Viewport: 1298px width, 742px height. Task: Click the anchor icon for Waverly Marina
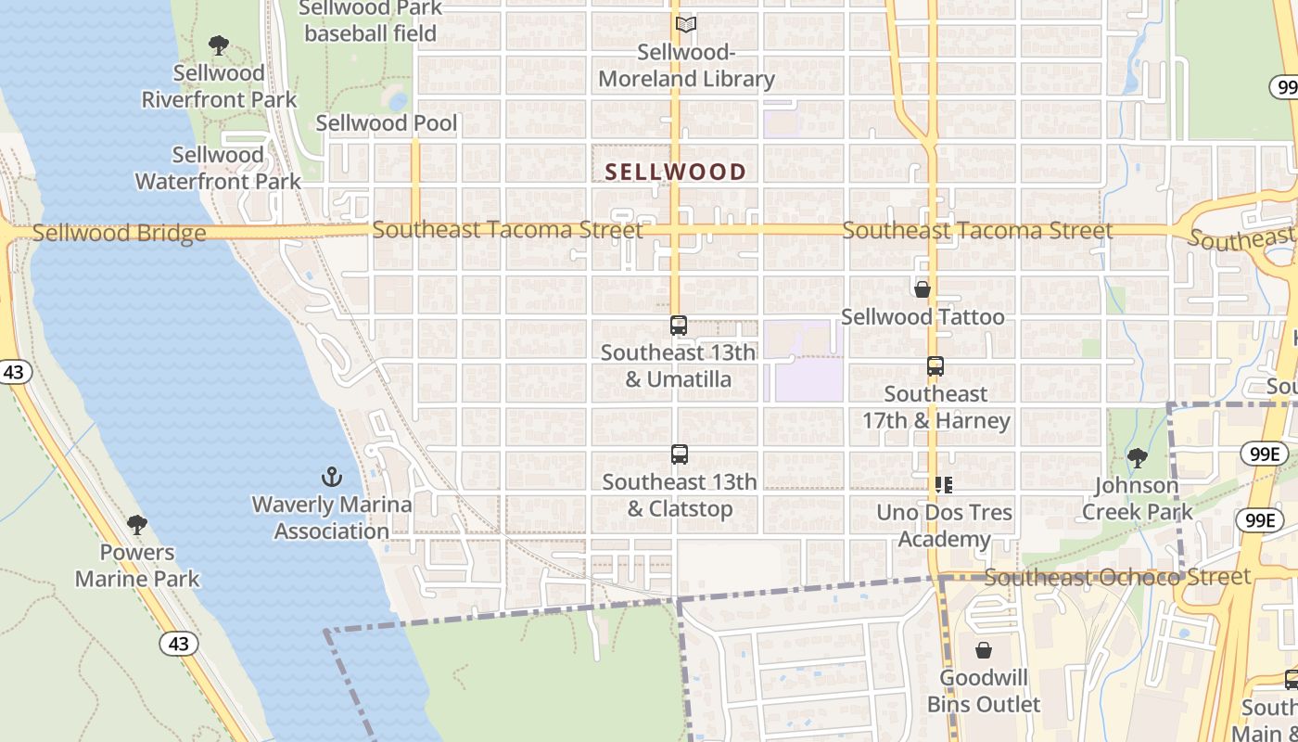coord(332,478)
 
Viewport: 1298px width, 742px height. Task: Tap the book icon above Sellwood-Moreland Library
coord(686,25)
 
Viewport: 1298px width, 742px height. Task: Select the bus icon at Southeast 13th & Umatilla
coord(679,326)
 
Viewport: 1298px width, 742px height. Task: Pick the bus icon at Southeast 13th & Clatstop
coord(680,454)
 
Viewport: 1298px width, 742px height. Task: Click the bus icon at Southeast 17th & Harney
coord(935,366)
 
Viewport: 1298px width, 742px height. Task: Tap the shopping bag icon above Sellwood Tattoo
coord(923,289)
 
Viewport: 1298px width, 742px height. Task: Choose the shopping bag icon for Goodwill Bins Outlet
coord(984,650)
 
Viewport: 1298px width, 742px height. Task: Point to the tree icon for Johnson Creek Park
coord(1137,457)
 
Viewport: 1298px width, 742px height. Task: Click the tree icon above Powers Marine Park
coord(137,525)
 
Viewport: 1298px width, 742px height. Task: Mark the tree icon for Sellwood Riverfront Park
coord(219,45)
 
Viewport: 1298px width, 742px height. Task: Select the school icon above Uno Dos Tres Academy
coord(944,484)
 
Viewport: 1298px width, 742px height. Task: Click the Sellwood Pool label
coord(387,123)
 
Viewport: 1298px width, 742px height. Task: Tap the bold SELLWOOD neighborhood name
coord(676,172)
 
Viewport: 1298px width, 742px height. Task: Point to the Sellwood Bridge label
coord(120,233)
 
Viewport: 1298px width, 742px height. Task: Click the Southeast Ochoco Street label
coord(1117,577)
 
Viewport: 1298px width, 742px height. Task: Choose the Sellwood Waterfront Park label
coord(219,168)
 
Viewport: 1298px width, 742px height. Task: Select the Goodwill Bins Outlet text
coord(984,691)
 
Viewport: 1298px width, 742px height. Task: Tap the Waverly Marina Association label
coord(332,518)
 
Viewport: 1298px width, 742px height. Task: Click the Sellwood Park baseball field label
coord(370,21)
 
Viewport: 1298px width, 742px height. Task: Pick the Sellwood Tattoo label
coord(923,317)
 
